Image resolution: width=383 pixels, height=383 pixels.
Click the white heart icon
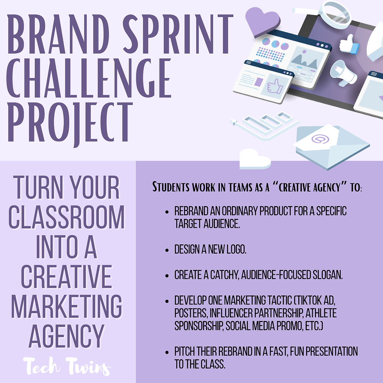click(254, 160)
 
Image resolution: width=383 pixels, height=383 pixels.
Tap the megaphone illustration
click(343, 72)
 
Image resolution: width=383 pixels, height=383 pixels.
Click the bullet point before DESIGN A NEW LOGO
click(167, 250)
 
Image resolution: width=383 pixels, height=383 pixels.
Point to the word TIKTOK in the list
click(312, 301)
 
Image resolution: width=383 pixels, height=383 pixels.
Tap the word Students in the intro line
click(170, 187)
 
